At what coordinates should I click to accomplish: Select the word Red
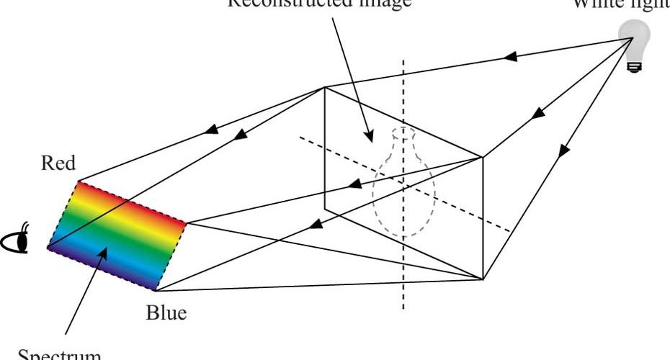[x=58, y=163]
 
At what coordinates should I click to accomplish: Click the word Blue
[x=166, y=314]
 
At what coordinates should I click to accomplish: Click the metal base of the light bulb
[x=634, y=66]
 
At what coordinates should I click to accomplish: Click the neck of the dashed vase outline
[x=404, y=148]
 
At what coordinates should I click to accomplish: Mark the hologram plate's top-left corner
[x=325, y=88]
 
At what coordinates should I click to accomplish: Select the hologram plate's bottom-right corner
[x=482, y=279]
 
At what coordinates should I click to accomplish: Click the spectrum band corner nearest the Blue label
[x=156, y=291]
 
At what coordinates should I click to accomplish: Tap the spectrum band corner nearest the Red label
[x=78, y=181]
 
